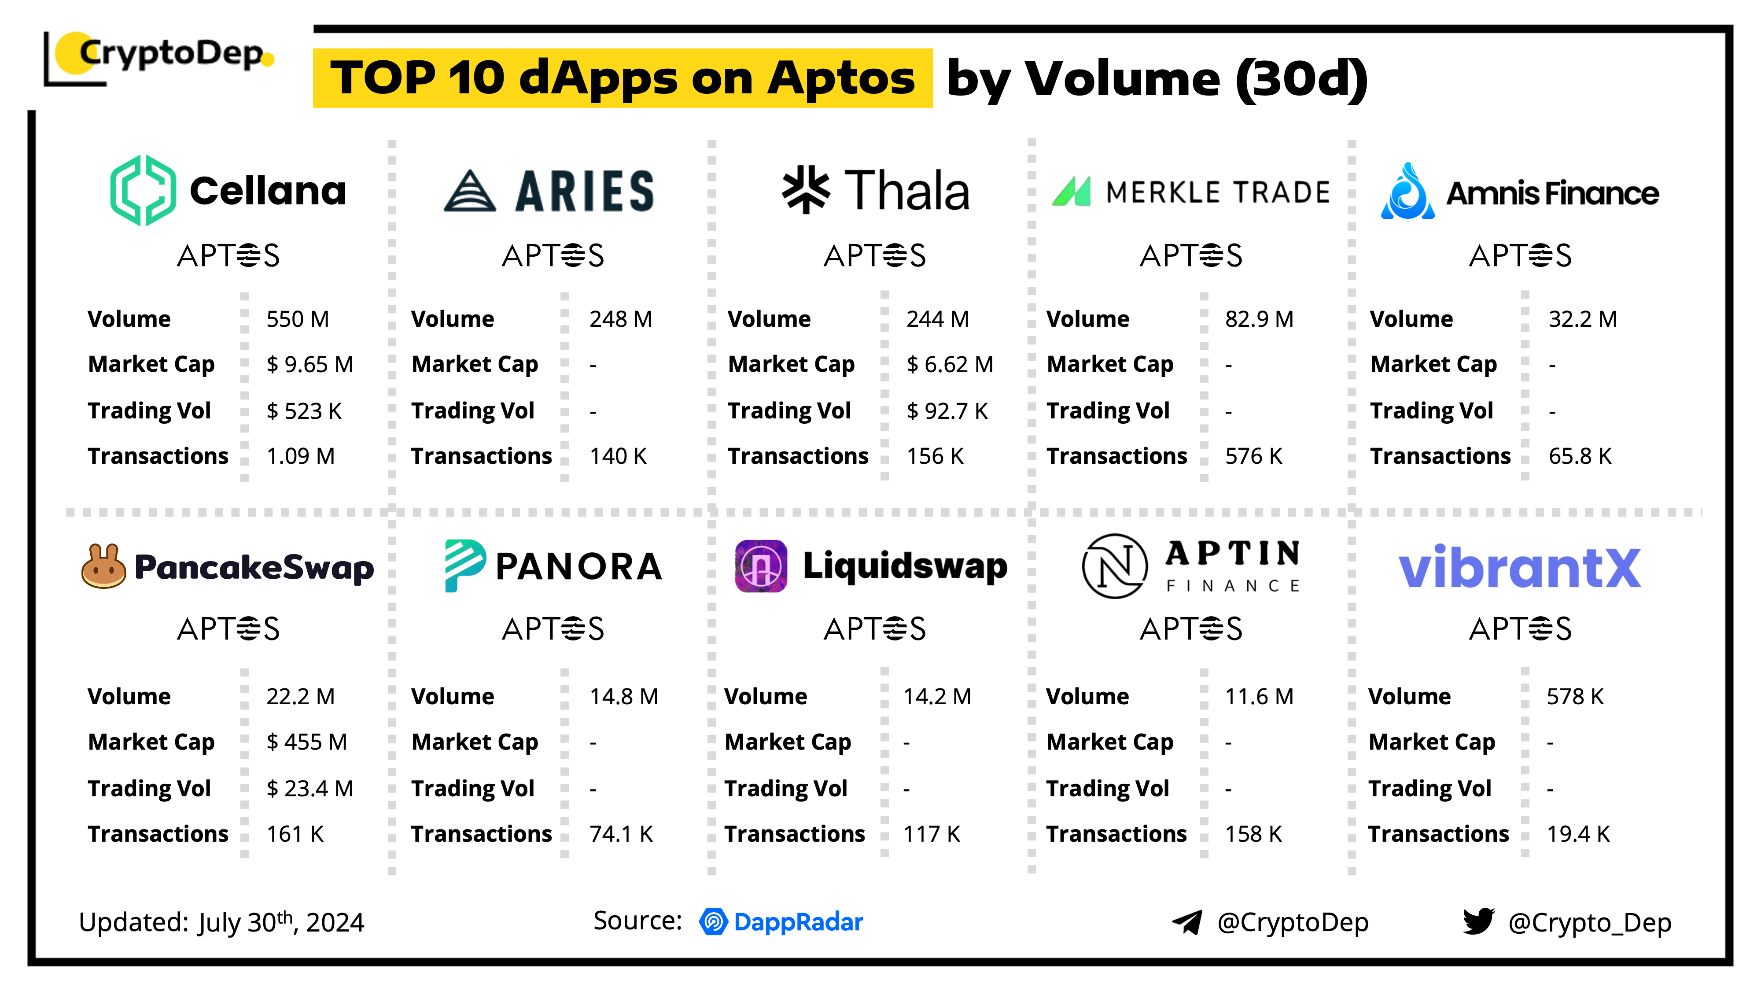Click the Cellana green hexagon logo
coord(143,190)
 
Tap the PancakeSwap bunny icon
coord(103,566)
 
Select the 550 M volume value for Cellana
coord(297,319)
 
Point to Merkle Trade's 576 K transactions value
coord(1253,456)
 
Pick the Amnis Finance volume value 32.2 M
coord(1582,319)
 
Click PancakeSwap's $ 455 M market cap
coord(306,742)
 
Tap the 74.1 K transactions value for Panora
coord(621,834)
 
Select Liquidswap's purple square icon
coord(760,566)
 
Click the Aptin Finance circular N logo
coord(1114,566)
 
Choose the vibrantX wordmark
coord(1519,568)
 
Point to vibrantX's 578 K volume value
coord(1574,696)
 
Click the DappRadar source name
coord(798,922)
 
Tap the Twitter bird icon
coord(1478,921)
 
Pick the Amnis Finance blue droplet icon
coord(1407,192)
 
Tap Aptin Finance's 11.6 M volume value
coord(1259,696)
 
